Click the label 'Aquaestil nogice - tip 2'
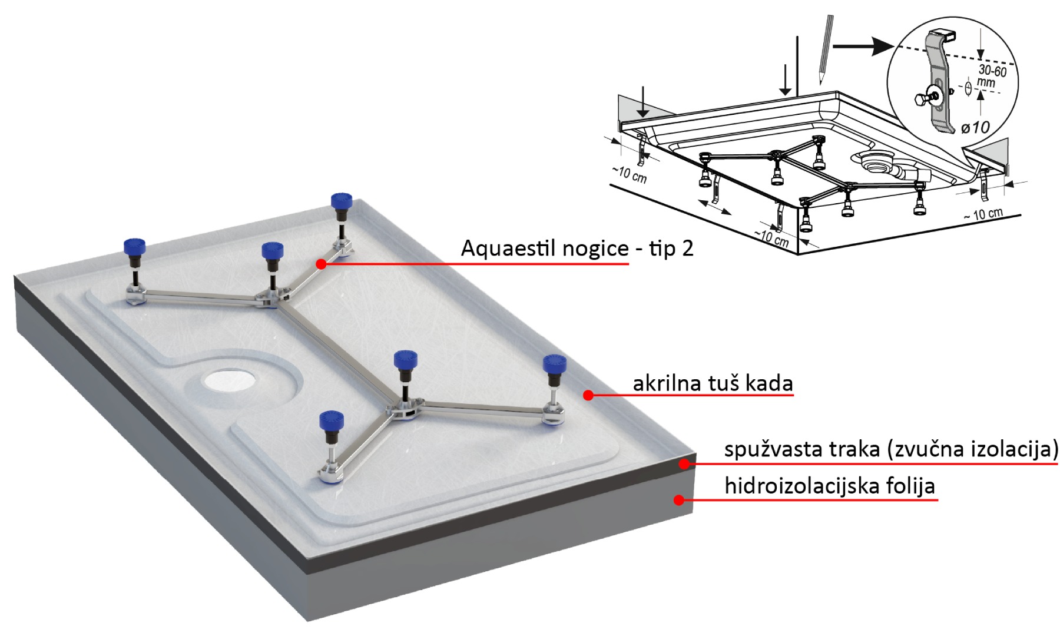tap(577, 248)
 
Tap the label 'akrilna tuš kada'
tap(713, 383)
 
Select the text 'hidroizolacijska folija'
tap(829, 486)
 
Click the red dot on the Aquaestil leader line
tap(321, 264)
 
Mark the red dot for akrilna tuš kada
tap(588, 395)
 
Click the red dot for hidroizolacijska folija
tap(679, 500)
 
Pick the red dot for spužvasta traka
tap(684, 464)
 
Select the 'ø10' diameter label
tap(975, 127)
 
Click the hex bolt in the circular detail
tap(922, 100)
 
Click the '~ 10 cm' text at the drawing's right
tap(983, 214)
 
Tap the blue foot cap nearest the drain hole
tap(332, 420)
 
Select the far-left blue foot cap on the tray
tap(134, 247)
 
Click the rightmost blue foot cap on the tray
tap(554, 363)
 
